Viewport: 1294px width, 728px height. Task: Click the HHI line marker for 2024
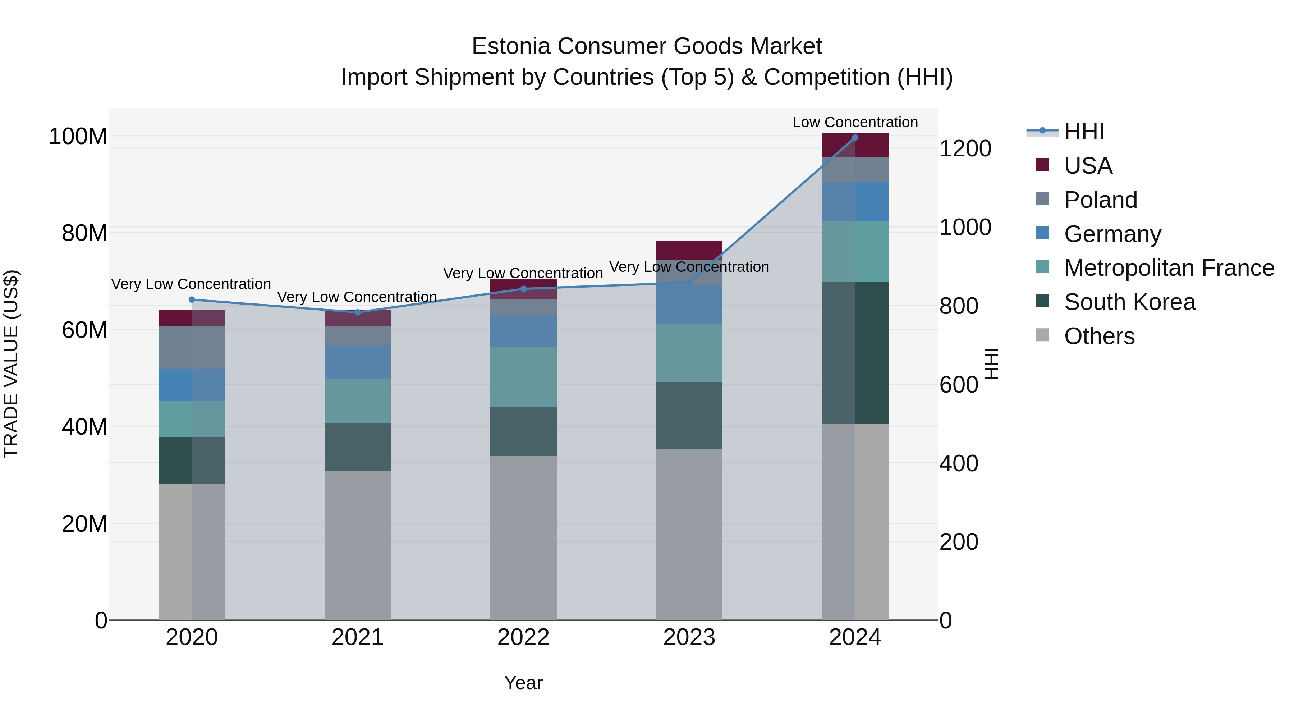click(x=855, y=137)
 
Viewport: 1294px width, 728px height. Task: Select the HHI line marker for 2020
click(x=191, y=299)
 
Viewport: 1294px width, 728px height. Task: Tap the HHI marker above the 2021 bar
click(x=358, y=312)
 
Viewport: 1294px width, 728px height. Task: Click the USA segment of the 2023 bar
click(x=689, y=250)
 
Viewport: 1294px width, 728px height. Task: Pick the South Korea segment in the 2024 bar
click(x=855, y=353)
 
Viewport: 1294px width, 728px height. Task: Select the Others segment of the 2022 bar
click(x=523, y=537)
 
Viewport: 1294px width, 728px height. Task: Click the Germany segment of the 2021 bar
click(x=358, y=362)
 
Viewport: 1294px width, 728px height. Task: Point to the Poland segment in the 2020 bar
click(x=191, y=347)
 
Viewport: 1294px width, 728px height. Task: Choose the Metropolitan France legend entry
click(x=1169, y=268)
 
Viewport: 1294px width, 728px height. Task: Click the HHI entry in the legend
click(x=1083, y=132)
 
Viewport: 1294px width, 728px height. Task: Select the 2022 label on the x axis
click(x=523, y=637)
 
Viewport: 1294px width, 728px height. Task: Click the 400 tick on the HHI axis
click(x=958, y=463)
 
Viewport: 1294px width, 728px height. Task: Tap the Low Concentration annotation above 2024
click(x=855, y=122)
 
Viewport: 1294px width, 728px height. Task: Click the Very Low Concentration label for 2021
click(x=357, y=297)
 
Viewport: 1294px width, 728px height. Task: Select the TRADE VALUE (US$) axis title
click(x=11, y=364)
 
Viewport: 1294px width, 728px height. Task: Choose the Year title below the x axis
click(x=523, y=683)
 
